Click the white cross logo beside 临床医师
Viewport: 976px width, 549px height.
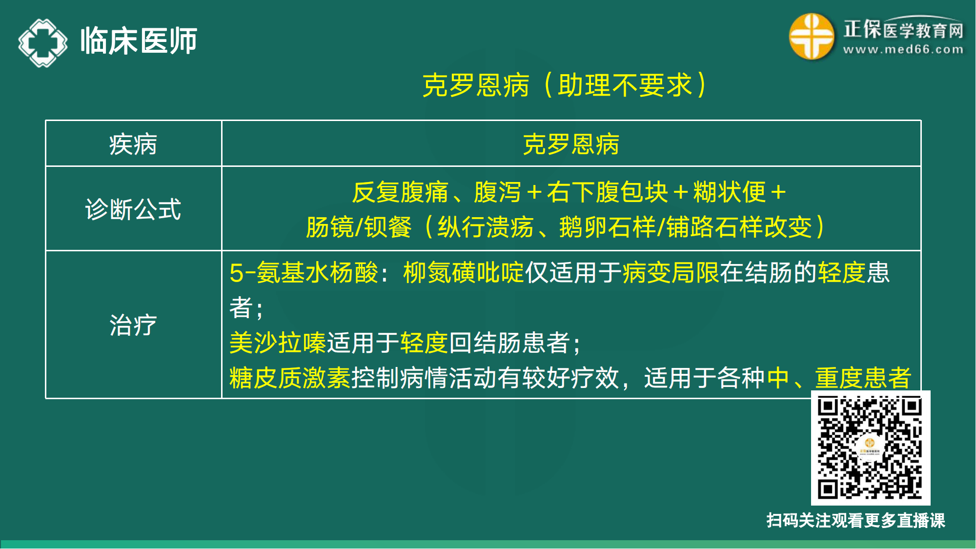[43, 42]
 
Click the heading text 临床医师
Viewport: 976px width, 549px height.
[139, 41]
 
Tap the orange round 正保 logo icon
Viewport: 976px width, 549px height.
[811, 37]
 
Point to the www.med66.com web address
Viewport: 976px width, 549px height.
[903, 50]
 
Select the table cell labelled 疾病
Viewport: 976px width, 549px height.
[133, 144]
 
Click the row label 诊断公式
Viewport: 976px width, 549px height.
[133, 209]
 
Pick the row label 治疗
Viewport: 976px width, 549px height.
[133, 325]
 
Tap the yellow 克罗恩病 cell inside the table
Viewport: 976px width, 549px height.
[570, 144]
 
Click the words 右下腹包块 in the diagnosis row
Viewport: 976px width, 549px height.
[607, 192]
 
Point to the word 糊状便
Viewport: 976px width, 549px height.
[729, 192]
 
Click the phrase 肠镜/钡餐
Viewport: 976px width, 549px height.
[359, 227]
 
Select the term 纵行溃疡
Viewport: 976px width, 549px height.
[485, 227]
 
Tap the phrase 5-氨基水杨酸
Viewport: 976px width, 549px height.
[304, 272]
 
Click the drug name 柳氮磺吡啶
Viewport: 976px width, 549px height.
[463, 272]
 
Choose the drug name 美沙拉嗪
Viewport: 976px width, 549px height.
[278, 343]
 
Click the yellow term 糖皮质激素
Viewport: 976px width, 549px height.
[290, 378]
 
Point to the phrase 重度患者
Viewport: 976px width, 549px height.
[863, 378]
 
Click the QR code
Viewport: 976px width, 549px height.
[870, 448]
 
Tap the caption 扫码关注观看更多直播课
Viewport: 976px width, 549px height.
[855, 521]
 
